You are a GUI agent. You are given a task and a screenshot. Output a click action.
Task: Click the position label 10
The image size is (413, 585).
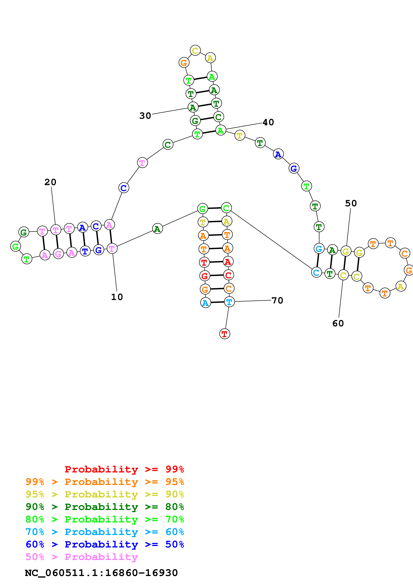coord(117,297)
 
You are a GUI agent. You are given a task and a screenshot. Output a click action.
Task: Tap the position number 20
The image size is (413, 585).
coord(50,182)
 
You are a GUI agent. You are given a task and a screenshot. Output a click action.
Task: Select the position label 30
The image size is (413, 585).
coord(145,116)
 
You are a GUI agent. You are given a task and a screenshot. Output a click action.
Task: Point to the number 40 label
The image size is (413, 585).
coord(268,122)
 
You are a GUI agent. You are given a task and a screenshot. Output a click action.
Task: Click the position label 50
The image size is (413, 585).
coord(351,203)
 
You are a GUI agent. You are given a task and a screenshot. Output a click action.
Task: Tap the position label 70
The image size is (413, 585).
coord(277,300)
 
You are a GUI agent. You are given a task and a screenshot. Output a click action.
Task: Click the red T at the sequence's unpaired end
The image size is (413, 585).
coord(224,334)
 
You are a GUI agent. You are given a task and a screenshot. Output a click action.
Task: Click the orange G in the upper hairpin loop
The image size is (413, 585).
coord(184,62)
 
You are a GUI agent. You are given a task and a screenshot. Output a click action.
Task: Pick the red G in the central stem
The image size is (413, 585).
coord(205,275)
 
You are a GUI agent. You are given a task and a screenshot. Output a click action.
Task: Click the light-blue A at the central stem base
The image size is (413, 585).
coord(205,303)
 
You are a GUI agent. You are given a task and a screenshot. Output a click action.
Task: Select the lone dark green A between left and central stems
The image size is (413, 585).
coord(157,229)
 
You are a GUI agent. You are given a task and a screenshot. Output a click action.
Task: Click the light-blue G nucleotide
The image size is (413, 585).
coord(319,248)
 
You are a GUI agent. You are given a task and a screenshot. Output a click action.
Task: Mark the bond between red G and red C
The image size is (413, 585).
coord(217,275)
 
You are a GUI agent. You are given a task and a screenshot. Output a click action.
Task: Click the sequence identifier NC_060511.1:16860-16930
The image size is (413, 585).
coord(101,573)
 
